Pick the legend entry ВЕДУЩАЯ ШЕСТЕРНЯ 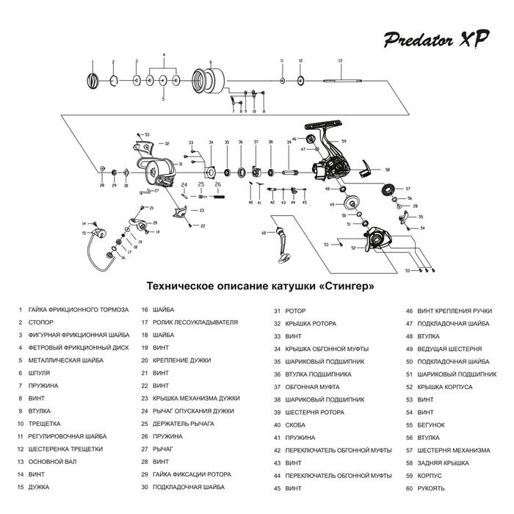[x=449, y=348]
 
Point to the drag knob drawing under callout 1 [x=93, y=79]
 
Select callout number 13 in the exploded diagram [x=340, y=60]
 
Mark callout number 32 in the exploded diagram [x=167, y=144]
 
